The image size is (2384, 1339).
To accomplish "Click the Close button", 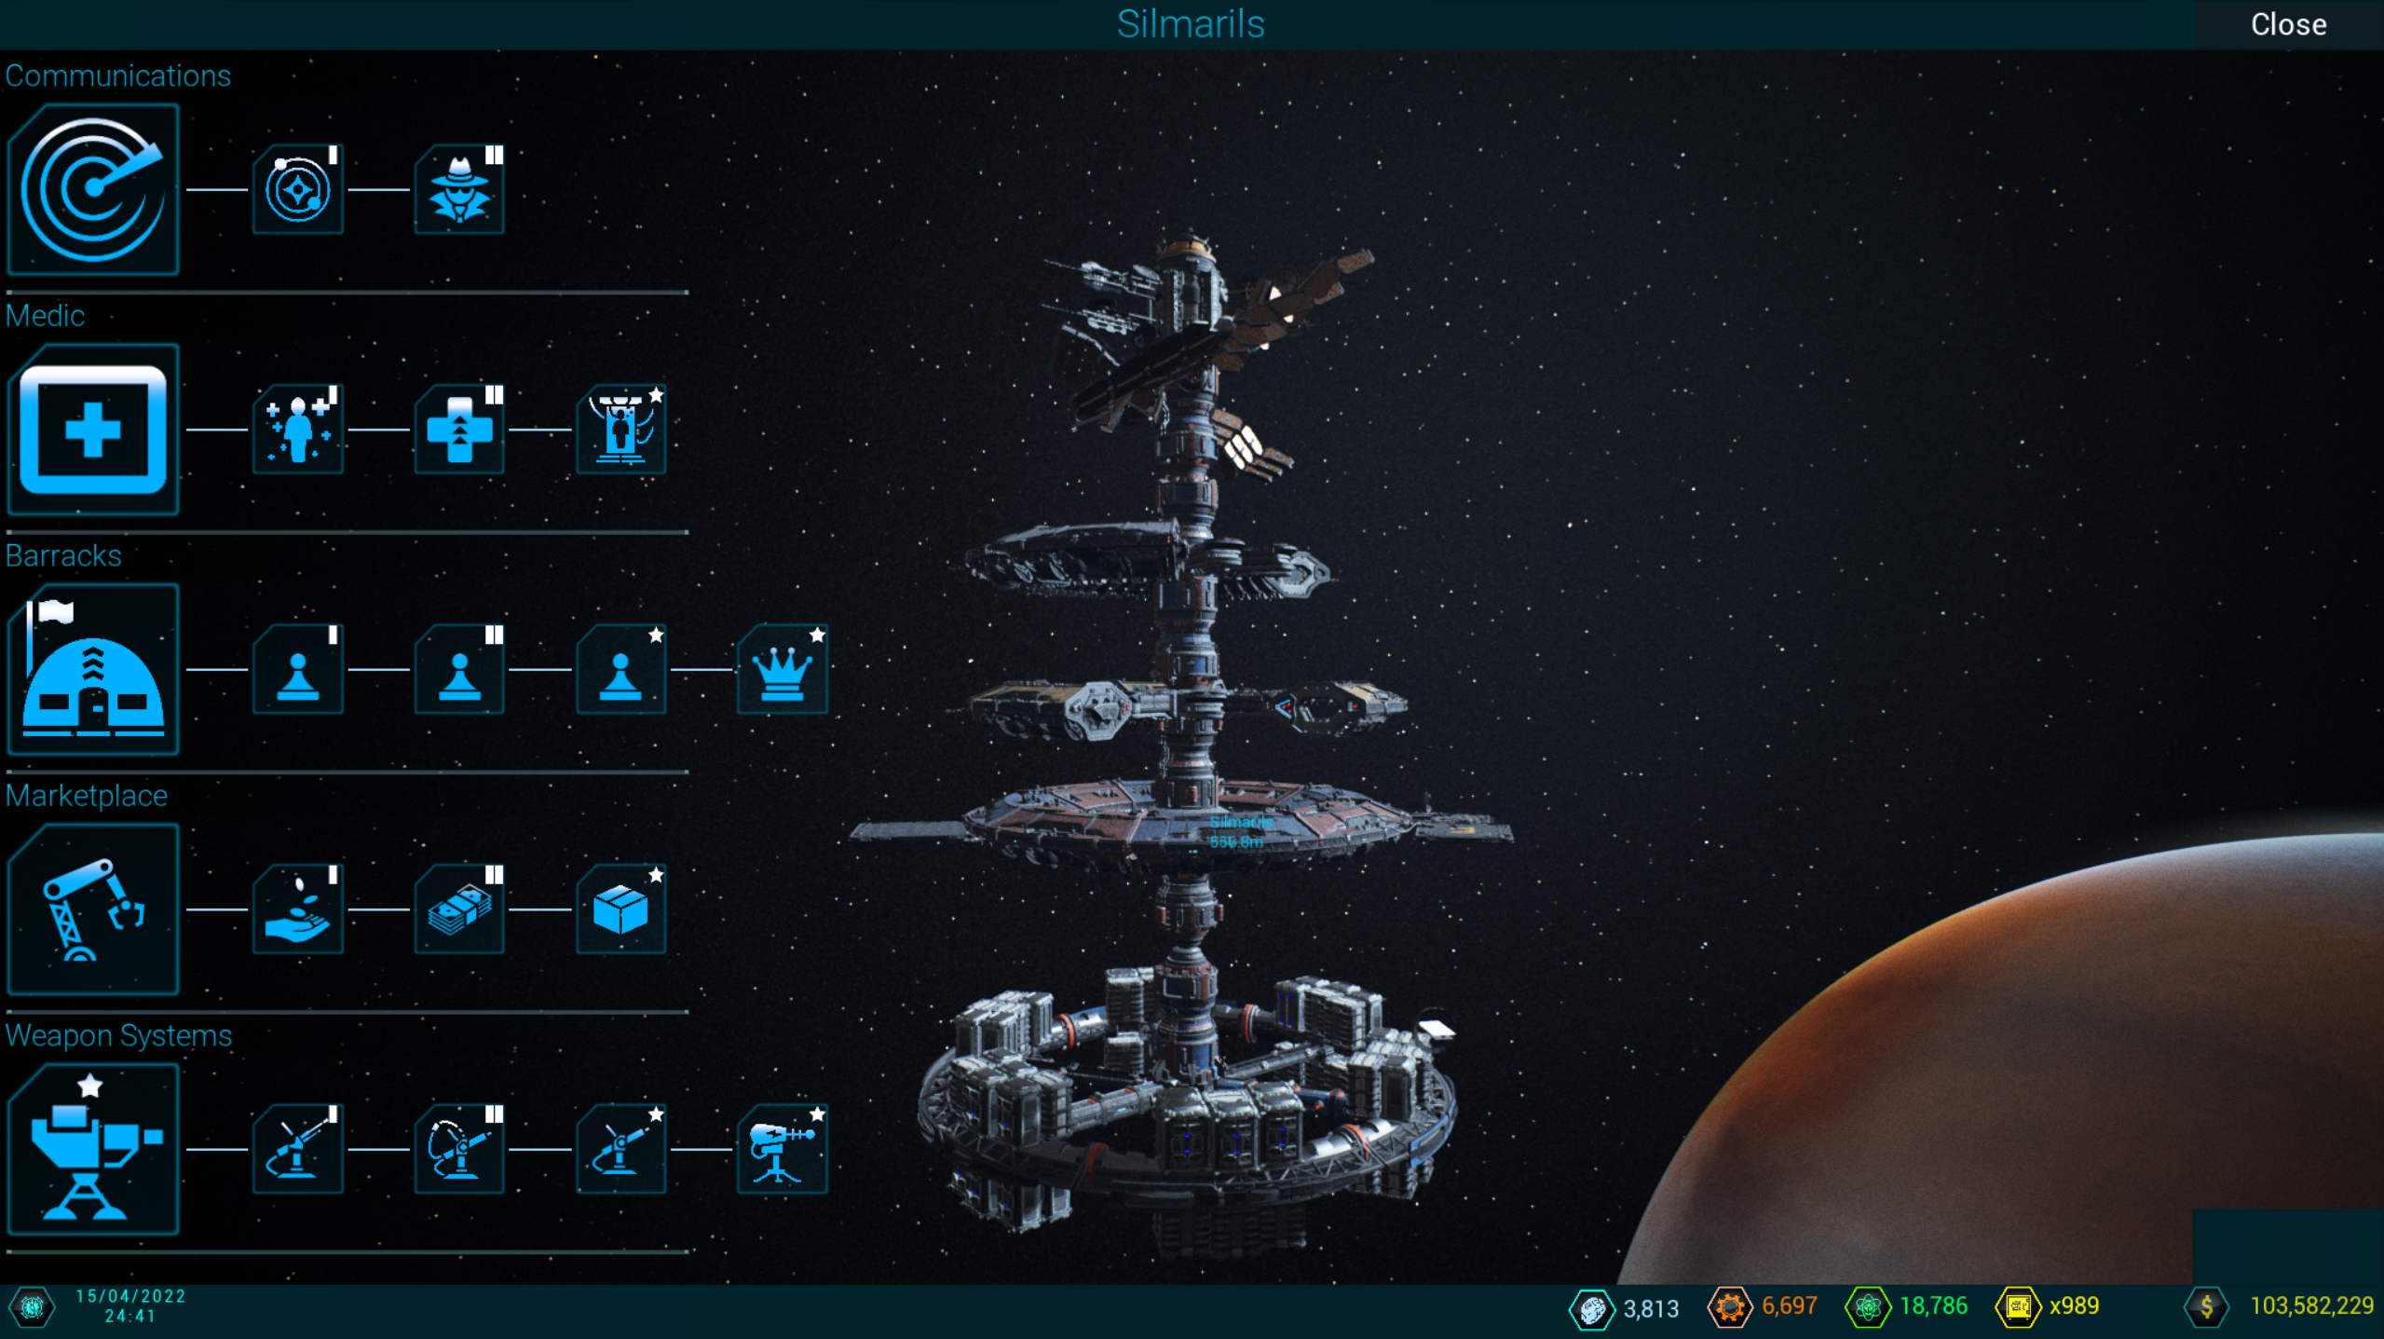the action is coord(2288,24).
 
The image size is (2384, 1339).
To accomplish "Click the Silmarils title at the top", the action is coord(1190,24).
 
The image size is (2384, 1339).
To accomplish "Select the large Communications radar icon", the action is coord(92,189).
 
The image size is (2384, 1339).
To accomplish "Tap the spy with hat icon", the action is coord(459,190).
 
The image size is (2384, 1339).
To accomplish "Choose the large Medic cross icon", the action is coord(92,430).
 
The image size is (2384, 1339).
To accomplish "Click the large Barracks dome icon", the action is coord(92,669).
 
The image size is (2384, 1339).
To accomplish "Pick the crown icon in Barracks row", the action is coord(782,670).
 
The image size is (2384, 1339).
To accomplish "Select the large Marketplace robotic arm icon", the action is coord(92,909).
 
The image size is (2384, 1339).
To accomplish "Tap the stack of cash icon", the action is coord(459,909).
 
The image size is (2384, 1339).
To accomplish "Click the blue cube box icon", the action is coord(620,909).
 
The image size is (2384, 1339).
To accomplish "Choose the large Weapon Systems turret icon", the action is coord(92,1149).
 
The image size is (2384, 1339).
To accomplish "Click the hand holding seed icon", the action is coord(298,909).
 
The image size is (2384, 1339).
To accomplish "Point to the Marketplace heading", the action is coord(87,796).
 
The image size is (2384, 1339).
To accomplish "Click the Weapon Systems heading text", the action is coord(118,1035).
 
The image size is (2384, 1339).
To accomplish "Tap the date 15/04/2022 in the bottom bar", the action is coord(130,1296).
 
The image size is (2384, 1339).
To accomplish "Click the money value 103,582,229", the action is coord(2311,1305).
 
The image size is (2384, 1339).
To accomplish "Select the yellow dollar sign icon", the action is coord(2206,1306).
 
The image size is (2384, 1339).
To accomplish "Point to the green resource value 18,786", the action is coord(1933,1305).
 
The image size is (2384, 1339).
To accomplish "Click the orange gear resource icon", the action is coord(1729,1306).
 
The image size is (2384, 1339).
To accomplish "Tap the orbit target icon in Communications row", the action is coord(298,190).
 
